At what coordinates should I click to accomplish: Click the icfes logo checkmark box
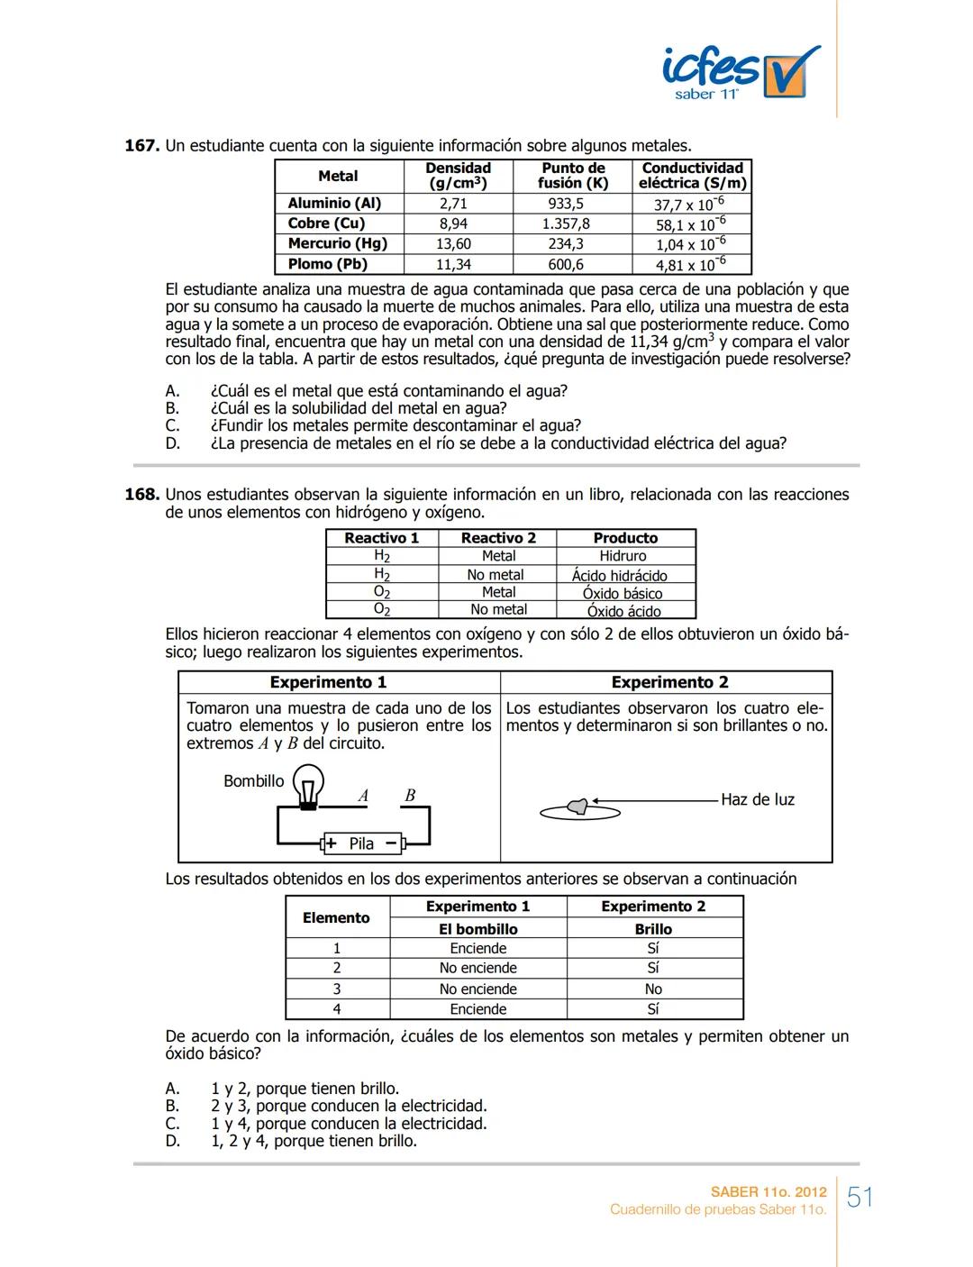click(789, 75)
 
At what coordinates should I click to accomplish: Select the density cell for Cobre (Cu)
click(453, 223)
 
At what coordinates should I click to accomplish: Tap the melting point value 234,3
click(566, 244)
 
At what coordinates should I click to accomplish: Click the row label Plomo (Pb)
click(328, 264)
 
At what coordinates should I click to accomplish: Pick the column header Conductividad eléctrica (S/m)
click(692, 176)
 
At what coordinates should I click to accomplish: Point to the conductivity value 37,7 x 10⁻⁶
click(689, 204)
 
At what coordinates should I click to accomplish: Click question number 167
click(141, 146)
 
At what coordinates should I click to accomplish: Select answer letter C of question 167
click(172, 425)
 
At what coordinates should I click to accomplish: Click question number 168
click(141, 495)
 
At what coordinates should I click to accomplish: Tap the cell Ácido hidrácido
click(620, 575)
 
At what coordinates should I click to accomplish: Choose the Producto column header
click(625, 538)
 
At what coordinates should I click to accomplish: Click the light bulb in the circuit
click(309, 785)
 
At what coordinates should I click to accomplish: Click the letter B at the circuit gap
click(410, 796)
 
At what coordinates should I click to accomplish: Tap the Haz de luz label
click(757, 799)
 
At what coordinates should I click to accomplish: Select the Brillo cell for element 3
click(653, 989)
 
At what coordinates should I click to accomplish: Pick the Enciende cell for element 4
click(478, 1009)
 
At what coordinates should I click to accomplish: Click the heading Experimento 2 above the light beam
click(669, 682)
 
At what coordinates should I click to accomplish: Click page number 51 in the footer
click(860, 1198)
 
